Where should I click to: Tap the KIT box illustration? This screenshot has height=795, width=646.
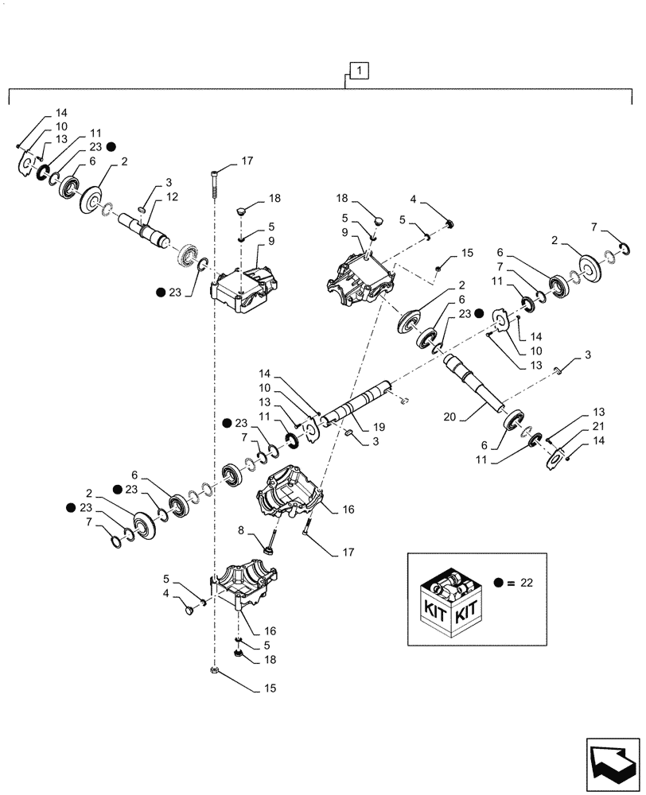(x=450, y=603)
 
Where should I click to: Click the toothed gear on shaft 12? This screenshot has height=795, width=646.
(x=188, y=258)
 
